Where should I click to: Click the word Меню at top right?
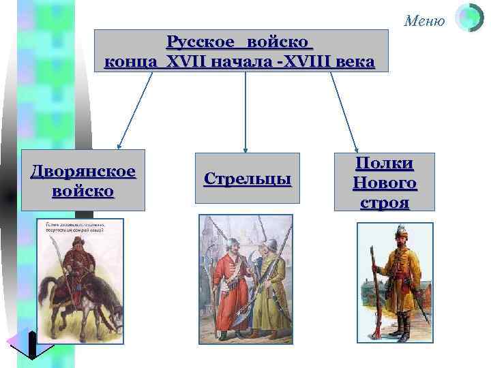click(424, 21)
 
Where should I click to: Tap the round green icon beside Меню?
click(468, 19)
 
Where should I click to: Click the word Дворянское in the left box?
click(83, 170)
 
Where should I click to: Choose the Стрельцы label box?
click(247, 179)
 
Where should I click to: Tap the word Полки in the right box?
click(385, 164)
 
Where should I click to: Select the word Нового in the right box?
click(385, 183)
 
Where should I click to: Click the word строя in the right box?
click(385, 202)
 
